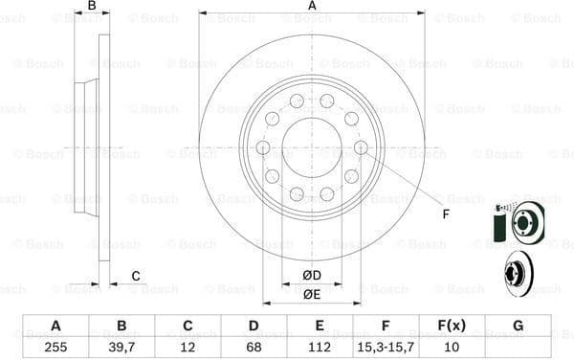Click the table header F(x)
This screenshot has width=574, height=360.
coord(452,326)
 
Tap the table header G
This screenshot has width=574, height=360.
coord(518,326)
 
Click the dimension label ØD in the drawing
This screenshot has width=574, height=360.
coord(312,277)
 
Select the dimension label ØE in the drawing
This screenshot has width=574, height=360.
coord(312,294)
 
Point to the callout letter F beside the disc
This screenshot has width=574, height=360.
coord(446,214)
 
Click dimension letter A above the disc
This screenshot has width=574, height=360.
coord(312,7)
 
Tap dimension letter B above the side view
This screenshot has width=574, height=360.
coord(92,7)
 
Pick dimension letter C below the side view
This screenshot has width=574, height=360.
coord(136,277)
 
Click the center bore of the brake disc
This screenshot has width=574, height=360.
coord(312,147)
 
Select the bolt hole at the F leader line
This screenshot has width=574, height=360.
coord(361,147)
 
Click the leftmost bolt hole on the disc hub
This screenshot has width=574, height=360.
coord(263,147)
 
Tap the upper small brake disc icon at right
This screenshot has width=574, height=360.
coord(525,223)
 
